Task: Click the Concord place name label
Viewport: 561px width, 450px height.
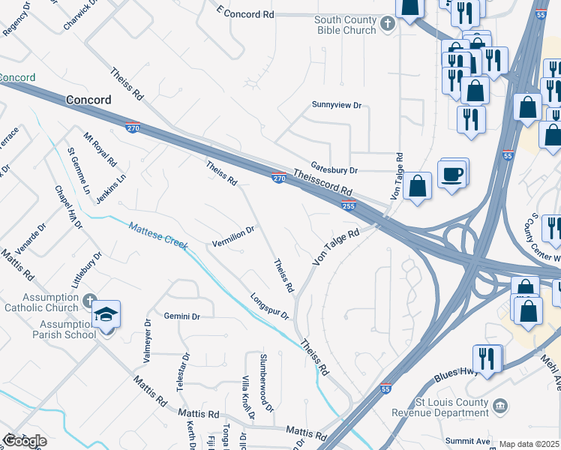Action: click(x=88, y=100)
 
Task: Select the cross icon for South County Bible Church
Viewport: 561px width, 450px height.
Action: click(x=388, y=25)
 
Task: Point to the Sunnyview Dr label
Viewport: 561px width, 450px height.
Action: click(x=337, y=106)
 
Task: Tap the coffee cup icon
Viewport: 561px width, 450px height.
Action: click(x=453, y=175)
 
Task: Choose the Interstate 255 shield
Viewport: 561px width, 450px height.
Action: click(x=348, y=205)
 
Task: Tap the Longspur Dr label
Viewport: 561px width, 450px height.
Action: click(x=269, y=306)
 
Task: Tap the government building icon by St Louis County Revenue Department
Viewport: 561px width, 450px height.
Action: click(x=501, y=406)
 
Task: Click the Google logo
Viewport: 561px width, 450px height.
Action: click(x=24, y=441)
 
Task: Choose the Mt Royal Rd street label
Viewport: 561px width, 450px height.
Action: click(x=100, y=149)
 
